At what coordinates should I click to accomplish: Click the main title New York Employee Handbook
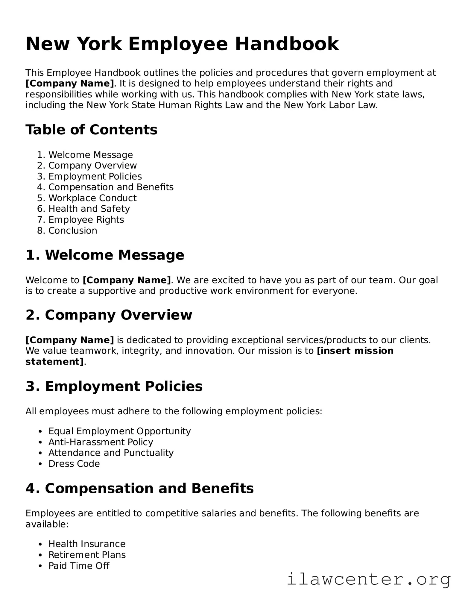182,44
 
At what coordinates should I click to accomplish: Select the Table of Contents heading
91,130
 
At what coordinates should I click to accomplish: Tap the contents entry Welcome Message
90,155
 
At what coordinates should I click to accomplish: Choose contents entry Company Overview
92,166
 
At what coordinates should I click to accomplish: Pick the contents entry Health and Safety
89,209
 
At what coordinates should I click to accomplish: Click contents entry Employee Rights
86,220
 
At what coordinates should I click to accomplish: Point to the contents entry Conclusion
73,231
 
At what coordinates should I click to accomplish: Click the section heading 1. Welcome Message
105,255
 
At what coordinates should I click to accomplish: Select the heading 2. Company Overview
109,315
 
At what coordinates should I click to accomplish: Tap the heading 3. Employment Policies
114,386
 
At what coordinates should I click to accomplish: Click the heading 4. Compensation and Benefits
139,489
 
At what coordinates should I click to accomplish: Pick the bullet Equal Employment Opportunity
119,431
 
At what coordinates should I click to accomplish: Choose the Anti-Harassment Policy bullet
101,442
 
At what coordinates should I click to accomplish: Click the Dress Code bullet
74,464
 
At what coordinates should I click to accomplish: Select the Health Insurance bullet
87,544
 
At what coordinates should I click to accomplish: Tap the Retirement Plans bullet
87,555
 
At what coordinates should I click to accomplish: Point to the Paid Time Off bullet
79,566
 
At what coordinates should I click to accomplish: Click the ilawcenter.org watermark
369,580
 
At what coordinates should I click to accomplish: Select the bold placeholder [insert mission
355,351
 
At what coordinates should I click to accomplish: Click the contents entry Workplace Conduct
92,198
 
